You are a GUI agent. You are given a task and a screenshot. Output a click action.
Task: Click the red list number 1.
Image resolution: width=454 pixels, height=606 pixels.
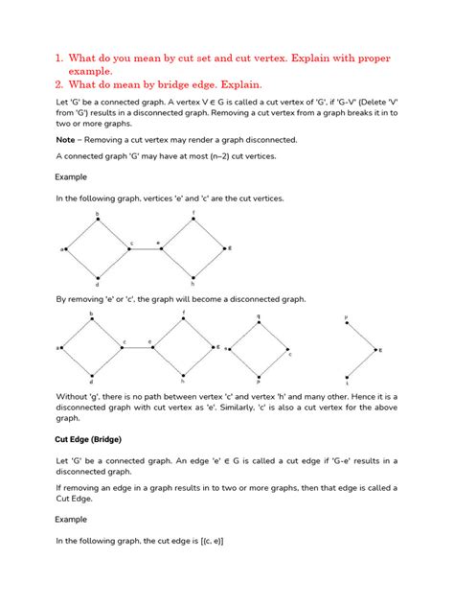58,58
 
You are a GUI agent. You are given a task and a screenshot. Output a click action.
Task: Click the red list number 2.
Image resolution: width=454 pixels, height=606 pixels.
58,84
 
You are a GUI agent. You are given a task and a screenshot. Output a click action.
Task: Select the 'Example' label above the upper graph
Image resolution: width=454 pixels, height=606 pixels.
71,177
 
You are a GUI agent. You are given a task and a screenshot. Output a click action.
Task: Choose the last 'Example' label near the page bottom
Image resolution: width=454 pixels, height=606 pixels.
71,519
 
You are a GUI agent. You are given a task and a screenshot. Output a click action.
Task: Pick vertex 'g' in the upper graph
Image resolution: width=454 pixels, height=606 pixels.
228,248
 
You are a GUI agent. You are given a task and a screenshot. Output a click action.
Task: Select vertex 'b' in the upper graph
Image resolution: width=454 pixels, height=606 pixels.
97,216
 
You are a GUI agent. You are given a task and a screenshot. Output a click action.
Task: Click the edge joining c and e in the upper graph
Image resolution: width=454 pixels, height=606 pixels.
144,249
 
